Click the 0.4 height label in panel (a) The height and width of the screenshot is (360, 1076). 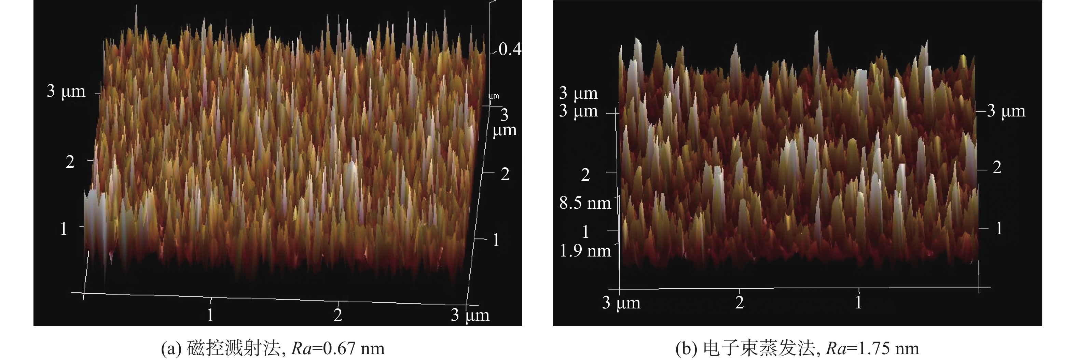click(x=510, y=49)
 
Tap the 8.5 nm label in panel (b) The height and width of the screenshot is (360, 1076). click(x=585, y=203)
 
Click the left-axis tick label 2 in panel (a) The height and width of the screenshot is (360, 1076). click(x=70, y=162)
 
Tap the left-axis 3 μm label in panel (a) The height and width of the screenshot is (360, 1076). click(x=66, y=91)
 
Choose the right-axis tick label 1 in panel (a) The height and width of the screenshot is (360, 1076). click(x=496, y=240)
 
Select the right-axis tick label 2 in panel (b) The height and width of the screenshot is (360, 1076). click(x=997, y=167)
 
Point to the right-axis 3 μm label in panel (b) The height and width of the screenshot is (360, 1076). click(x=1006, y=111)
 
